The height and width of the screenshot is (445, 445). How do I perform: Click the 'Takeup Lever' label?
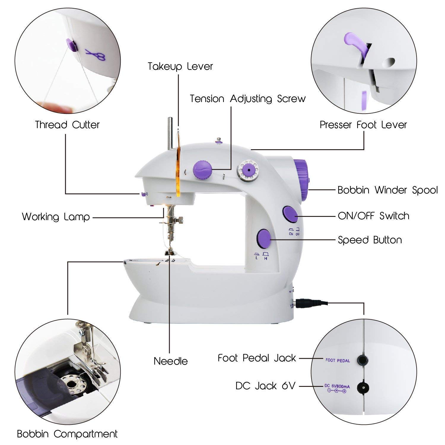coord(180,66)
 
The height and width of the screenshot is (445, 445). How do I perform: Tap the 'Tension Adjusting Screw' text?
coord(248,99)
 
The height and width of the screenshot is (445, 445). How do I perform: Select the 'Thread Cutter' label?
coord(67,125)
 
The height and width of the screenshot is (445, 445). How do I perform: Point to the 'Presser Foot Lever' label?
coord(363,125)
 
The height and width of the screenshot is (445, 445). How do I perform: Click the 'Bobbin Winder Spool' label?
coord(387,190)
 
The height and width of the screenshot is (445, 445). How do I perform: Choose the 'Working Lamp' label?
coord(56,217)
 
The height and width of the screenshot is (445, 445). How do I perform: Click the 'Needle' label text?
coord(171,361)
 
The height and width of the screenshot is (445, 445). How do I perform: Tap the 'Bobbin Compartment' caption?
coord(67,434)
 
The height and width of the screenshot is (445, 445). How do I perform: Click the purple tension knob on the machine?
coord(202,170)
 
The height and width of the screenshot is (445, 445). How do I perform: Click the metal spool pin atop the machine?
coord(171,133)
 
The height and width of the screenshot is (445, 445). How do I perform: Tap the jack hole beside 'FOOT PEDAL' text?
coord(362,360)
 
